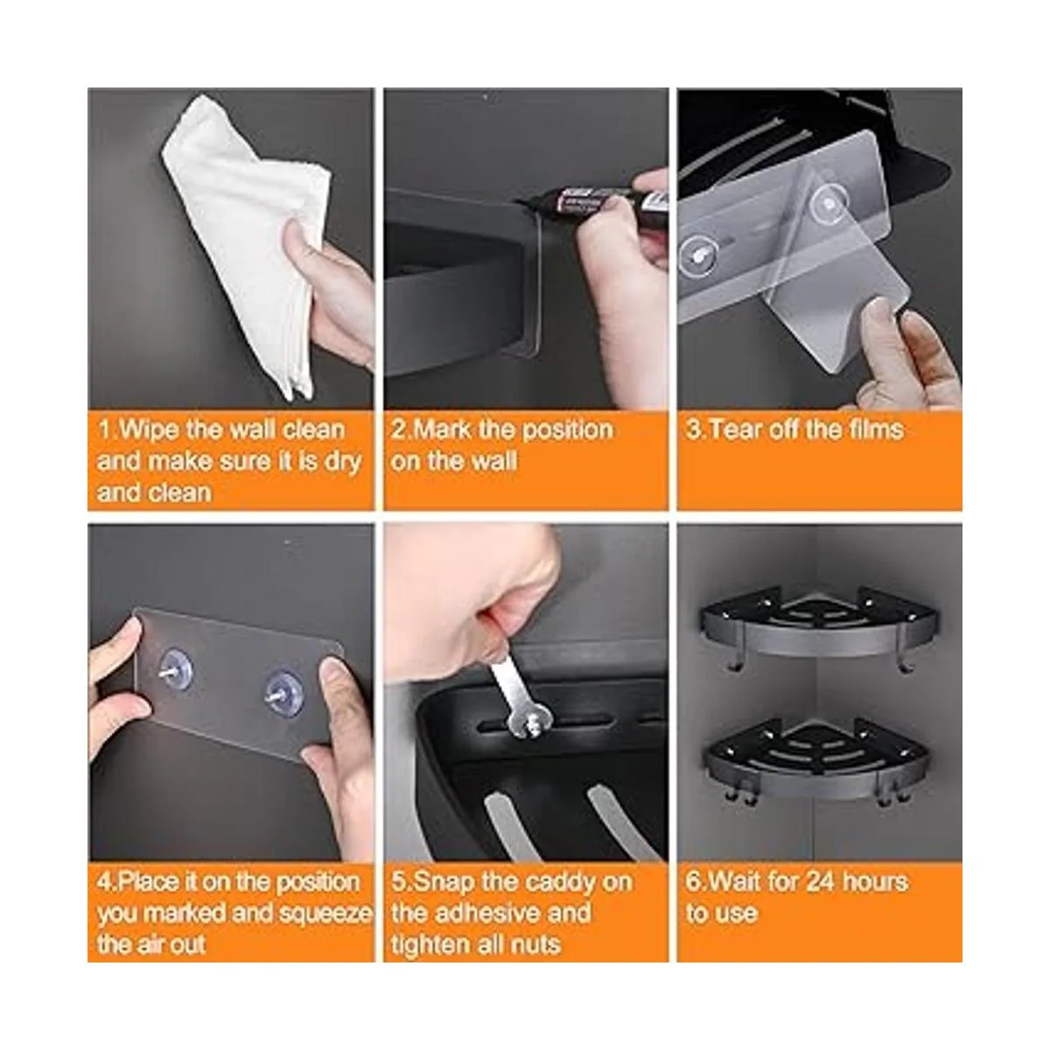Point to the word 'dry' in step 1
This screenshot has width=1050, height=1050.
(343, 462)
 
